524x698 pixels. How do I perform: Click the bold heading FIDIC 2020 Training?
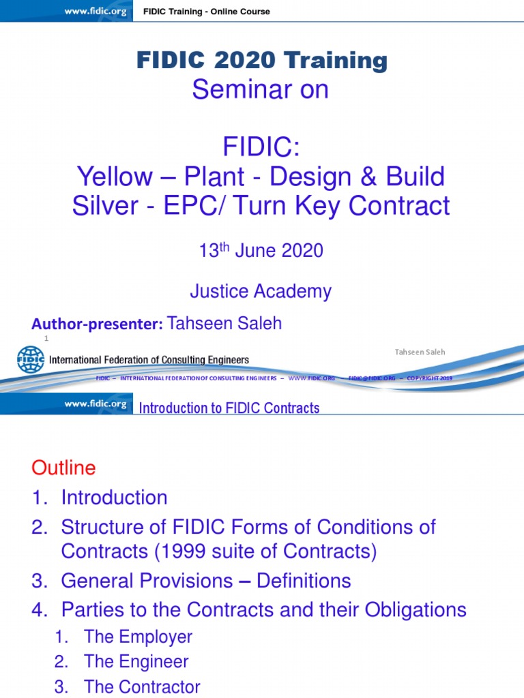(x=262, y=61)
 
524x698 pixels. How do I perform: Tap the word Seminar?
(x=229, y=90)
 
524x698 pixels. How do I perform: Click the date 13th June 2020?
(x=261, y=251)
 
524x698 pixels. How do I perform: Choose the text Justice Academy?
(x=261, y=292)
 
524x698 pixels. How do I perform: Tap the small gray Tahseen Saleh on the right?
(x=420, y=352)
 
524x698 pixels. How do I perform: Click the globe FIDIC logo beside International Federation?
(x=31, y=360)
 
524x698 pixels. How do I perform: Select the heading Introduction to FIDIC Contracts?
(x=229, y=408)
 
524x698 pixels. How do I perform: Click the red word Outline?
(x=63, y=468)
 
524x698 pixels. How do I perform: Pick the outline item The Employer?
(x=138, y=637)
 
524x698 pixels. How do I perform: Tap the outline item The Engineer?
(x=136, y=661)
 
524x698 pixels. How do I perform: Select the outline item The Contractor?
(x=142, y=687)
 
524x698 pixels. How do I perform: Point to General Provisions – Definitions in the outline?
(x=206, y=581)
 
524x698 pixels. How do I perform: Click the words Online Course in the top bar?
(x=241, y=12)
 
